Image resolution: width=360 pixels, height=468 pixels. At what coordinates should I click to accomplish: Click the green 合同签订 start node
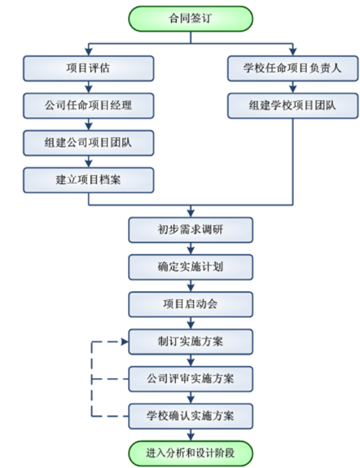click(x=191, y=19)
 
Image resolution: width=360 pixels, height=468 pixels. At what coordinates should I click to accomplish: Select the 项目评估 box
click(x=89, y=68)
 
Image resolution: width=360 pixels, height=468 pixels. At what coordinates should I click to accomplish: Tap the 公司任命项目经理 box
click(x=89, y=106)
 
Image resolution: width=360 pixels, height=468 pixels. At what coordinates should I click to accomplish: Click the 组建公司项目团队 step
click(x=89, y=143)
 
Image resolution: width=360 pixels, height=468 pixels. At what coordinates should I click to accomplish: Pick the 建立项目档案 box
click(x=89, y=180)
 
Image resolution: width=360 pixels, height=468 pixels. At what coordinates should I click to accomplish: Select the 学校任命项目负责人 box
click(x=293, y=68)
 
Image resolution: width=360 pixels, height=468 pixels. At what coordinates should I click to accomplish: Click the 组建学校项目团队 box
click(x=293, y=106)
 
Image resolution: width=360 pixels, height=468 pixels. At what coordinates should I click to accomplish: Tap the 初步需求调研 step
click(x=191, y=230)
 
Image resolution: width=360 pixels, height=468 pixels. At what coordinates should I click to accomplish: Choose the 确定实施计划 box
click(x=191, y=267)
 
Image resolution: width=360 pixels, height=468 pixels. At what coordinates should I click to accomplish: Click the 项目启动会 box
click(x=191, y=304)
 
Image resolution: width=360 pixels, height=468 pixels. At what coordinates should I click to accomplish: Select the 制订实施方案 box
click(x=191, y=342)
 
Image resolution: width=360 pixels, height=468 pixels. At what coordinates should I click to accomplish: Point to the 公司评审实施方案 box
click(x=191, y=379)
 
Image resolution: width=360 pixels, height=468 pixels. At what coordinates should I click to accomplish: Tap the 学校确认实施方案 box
click(x=191, y=417)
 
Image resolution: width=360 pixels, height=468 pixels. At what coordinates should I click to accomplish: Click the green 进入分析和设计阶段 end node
click(x=191, y=453)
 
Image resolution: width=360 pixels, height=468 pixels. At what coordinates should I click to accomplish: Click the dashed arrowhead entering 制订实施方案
click(x=125, y=342)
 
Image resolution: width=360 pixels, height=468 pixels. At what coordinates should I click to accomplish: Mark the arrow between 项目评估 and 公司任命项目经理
click(x=89, y=87)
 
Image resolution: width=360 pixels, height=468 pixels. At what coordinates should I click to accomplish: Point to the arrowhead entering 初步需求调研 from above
click(x=191, y=214)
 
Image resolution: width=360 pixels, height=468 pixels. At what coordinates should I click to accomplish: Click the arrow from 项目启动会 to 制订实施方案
click(x=191, y=323)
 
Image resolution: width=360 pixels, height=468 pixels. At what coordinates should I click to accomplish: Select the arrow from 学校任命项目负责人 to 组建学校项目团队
click(x=293, y=87)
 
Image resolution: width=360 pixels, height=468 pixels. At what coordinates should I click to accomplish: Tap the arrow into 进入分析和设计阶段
click(x=191, y=435)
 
